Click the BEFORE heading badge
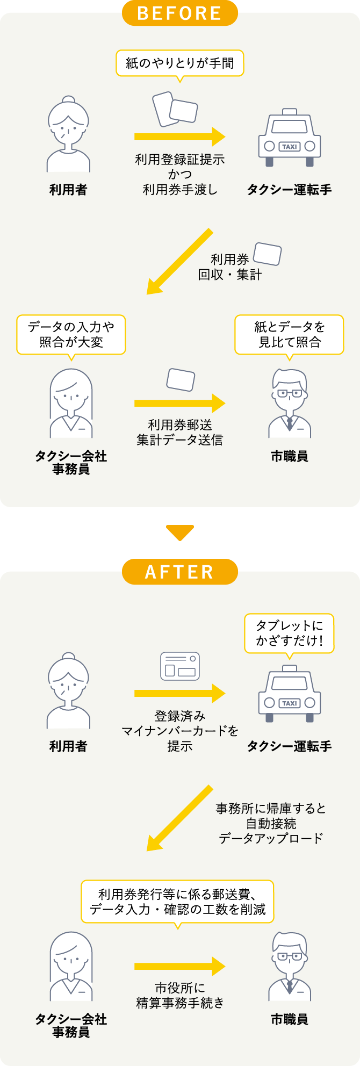click(179, 13)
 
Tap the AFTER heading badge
click(179, 572)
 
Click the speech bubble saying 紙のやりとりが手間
click(179, 63)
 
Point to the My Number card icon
click(180, 666)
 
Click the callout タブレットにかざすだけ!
click(289, 633)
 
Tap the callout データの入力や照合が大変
click(71, 334)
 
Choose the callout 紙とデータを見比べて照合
click(289, 334)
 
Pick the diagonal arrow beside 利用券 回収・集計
click(179, 262)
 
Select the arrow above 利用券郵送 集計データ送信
click(179, 403)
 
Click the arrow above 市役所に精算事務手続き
click(179, 967)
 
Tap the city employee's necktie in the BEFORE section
click(290, 424)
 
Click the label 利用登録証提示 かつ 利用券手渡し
click(179, 174)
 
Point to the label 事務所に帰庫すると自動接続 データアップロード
click(271, 823)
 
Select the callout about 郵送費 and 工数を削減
click(177, 902)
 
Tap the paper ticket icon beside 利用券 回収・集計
click(268, 254)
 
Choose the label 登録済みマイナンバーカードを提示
click(179, 731)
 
